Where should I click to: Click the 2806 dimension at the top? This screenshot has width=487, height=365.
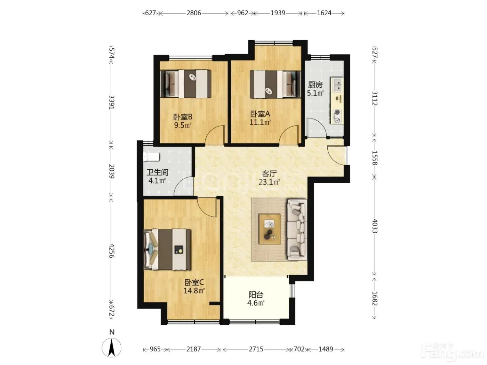click(x=193, y=13)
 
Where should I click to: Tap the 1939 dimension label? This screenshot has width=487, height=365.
click(x=278, y=13)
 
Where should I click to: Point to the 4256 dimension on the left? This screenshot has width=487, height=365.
click(x=112, y=251)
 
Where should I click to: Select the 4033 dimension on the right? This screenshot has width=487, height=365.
click(x=374, y=226)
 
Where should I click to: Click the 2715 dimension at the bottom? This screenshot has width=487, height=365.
click(x=256, y=349)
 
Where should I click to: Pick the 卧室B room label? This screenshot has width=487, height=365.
click(x=183, y=117)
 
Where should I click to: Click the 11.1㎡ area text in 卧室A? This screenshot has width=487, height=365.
click(x=260, y=122)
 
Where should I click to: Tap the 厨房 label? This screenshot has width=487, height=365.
click(x=315, y=85)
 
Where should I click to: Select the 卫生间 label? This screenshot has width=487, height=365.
click(x=157, y=172)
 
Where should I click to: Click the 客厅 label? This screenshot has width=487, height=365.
click(x=269, y=173)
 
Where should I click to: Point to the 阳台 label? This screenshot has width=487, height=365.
click(x=256, y=295)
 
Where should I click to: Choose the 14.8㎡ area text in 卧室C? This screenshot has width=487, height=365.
click(x=194, y=291)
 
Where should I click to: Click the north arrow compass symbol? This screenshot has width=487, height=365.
click(x=112, y=348)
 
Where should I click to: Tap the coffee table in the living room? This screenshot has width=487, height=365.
click(x=270, y=229)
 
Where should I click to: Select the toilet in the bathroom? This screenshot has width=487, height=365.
click(x=151, y=157)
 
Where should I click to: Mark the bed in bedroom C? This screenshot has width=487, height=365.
click(x=167, y=249)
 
